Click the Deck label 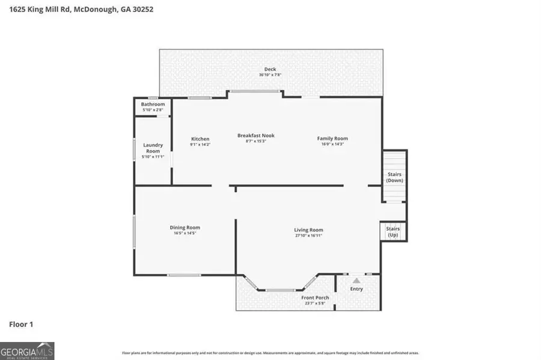270,69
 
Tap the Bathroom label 153,105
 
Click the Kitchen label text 200,139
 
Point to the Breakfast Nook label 255,135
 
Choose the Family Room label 332,139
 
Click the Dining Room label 185,227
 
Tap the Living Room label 308,230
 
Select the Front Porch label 315,297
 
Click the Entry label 356,289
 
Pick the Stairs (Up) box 393,231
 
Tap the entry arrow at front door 356,280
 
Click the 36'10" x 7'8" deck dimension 270,75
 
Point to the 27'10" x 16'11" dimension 308,236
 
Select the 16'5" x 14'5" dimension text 185,233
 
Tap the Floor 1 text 21,325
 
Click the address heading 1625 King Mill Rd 76,10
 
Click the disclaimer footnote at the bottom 270,353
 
